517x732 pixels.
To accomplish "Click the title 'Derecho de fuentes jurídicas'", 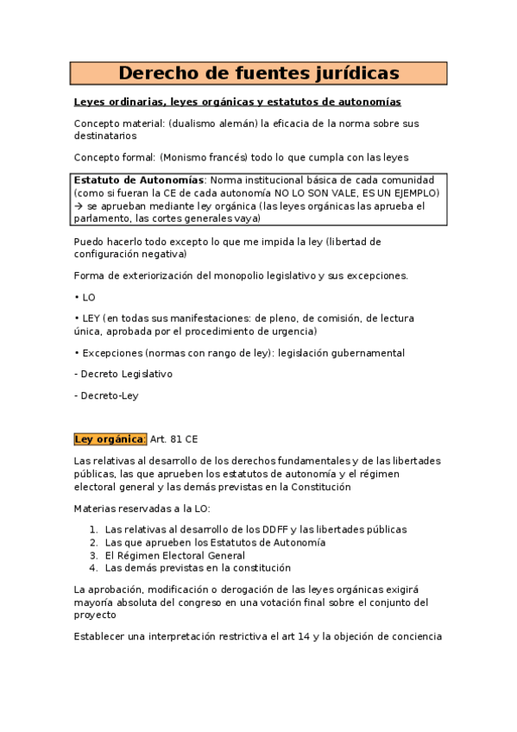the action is click(258, 73).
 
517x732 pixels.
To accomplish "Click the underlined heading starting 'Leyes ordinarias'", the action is click(237, 102).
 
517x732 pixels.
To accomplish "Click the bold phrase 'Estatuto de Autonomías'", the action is click(138, 180).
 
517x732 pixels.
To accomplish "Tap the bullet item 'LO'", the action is click(88, 297).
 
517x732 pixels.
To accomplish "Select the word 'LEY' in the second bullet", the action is click(92, 319).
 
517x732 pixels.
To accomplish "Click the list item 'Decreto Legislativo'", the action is click(126, 374).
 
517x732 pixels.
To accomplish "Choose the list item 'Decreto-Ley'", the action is click(109, 395).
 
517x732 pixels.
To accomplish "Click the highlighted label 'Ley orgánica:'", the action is click(110, 439).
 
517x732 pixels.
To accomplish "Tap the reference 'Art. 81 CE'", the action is click(174, 439).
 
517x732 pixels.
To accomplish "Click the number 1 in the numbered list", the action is click(93, 529).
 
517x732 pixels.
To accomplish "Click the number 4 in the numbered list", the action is click(93, 568).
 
